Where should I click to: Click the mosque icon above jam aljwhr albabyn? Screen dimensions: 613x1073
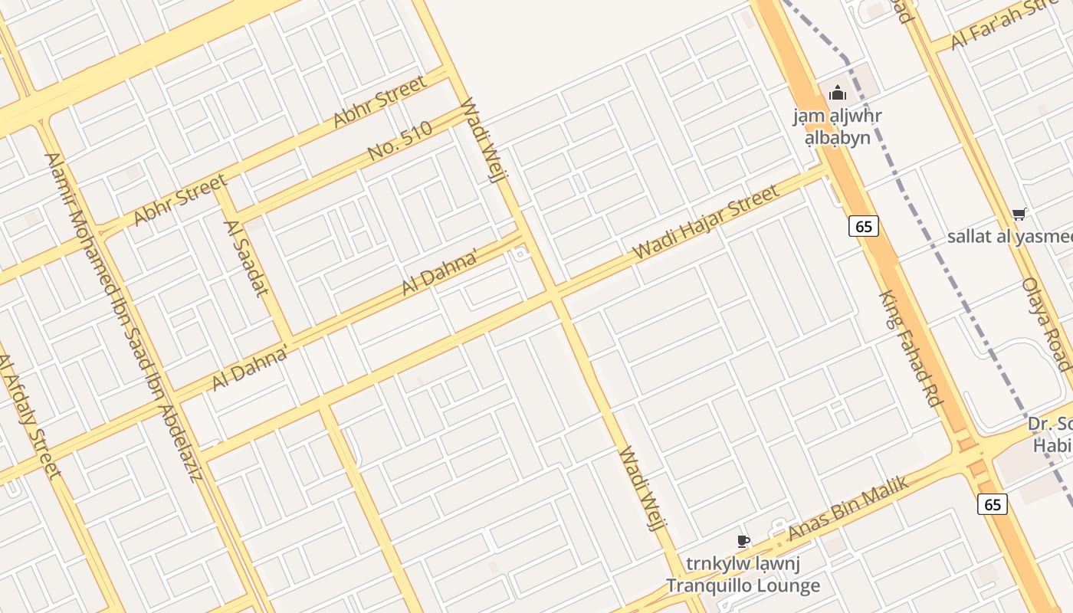838,93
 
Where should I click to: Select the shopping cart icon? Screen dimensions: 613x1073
1019,214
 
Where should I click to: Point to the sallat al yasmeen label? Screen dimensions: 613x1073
1009,236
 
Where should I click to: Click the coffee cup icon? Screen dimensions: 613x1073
742,542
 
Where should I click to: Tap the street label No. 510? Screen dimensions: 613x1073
400,142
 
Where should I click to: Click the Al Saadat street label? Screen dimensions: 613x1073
246,257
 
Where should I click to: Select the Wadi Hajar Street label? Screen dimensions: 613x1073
706,221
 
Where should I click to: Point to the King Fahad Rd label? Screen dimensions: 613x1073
911,348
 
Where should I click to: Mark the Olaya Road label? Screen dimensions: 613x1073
1046,324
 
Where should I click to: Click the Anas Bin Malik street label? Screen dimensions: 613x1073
848,508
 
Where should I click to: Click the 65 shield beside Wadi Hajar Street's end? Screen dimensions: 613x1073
863,226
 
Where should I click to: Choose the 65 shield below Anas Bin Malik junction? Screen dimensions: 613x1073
992,504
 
